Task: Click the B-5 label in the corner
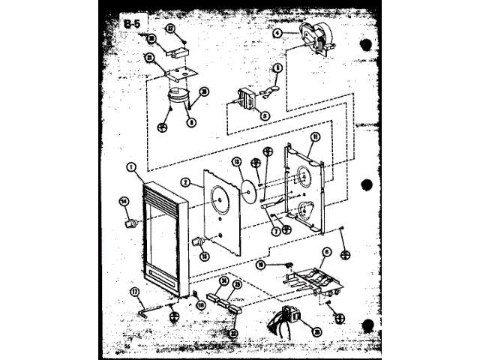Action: (132, 24)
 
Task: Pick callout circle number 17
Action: (135, 292)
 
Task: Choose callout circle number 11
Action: (316, 137)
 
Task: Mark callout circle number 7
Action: (276, 232)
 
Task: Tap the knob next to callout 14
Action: (133, 223)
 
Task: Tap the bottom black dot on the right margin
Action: (367, 325)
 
